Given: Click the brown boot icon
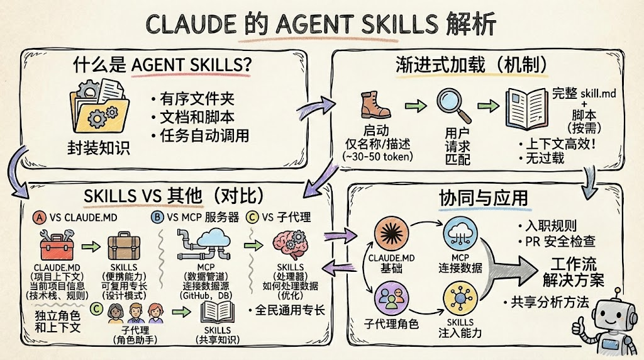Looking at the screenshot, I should tap(376, 104).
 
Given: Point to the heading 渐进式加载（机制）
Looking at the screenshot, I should tap(470, 64).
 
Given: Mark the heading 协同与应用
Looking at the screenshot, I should tap(483, 197).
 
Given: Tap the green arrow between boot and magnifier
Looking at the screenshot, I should tap(414, 104).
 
